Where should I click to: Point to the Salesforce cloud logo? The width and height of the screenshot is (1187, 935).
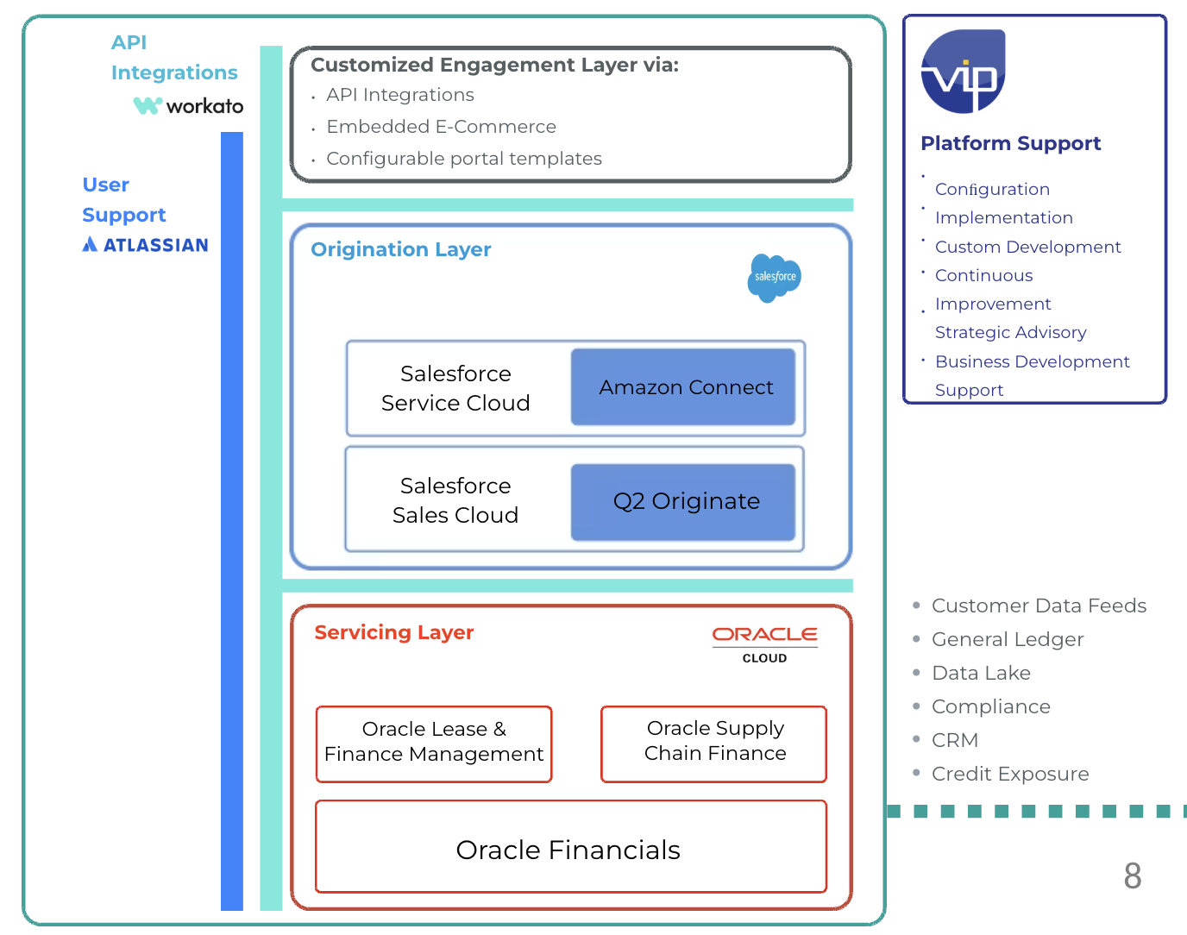[x=774, y=277]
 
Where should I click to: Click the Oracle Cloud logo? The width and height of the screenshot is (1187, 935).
[x=764, y=643]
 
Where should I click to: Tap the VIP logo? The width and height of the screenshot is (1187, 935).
[x=963, y=72]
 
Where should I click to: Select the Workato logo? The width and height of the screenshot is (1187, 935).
[x=188, y=106]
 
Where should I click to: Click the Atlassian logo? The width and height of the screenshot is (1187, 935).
[x=146, y=245]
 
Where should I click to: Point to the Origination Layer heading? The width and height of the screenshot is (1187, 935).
[x=400, y=249]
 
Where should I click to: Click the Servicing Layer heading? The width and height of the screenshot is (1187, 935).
[x=393, y=632]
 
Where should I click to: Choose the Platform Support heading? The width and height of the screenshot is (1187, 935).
[x=1010, y=143]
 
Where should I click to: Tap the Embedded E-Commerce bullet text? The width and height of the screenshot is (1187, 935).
[x=441, y=127]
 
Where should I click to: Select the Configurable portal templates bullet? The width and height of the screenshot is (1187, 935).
[x=463, y=159]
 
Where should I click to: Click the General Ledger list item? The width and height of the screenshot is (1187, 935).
[x=1007, y=639]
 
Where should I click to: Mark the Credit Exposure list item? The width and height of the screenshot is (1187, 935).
[x=1009, y=774]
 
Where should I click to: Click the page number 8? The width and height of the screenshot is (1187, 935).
[x=1132, y=875]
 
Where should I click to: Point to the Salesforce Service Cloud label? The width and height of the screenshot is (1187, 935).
[x=455, y=388]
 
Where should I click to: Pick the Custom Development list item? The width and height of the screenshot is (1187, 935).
[x=1027, y=247]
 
